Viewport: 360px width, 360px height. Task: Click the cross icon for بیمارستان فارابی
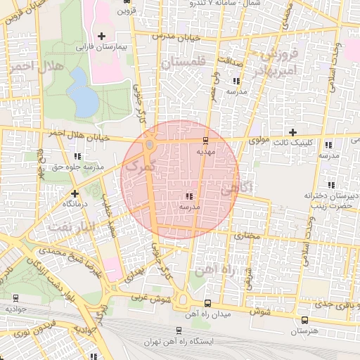coord(102,35)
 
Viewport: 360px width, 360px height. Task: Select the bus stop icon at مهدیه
coord(205,140)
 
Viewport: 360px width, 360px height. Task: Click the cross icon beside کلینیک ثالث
coord(293,132)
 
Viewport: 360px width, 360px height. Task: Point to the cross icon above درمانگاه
coord(75,192)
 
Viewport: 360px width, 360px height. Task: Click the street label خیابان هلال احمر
coord(79,135)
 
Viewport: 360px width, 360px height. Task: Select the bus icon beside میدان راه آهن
coord(207,304)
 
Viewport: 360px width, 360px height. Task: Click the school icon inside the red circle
coord(188,197)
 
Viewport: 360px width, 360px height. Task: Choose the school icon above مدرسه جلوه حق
coord(77,156)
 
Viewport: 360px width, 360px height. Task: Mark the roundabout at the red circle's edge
coord(150,145)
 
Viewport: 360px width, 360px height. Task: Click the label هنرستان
coord(304,330)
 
